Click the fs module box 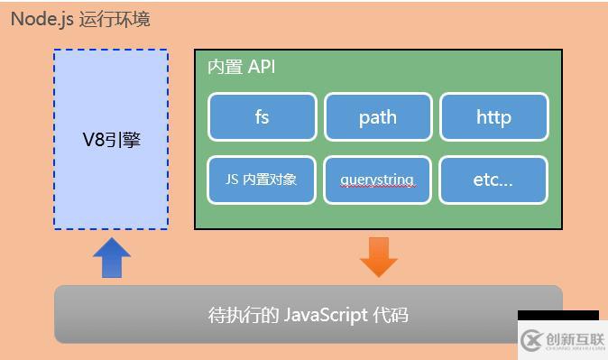pos(262,117)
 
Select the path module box pos(377,117)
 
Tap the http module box pos(493,117)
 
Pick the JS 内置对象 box pos(262,180)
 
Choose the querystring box pos(377,180)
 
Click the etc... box pos(493,180)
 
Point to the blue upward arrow pos(112,257)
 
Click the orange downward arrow pos(378,256)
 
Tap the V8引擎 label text pos(111,141)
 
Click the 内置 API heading pos(241,68)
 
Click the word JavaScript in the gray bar pos(326,315)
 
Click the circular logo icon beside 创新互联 pos(531,340)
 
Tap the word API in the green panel pos(261,68)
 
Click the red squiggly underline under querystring pos(377,187)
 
